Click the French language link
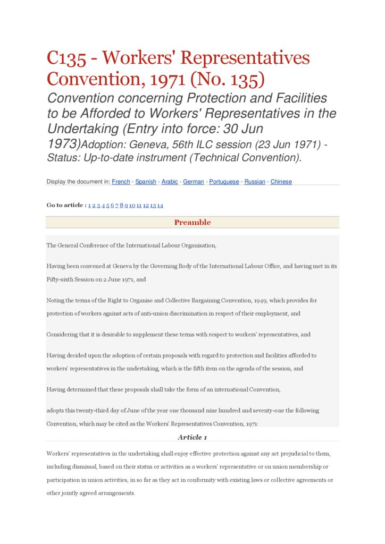pyautogui.click(x=121, y=182)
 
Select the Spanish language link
pyautogui.click(x=146, y=182)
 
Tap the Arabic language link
pyautogui.click(x=170, y=182)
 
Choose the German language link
pyautogui.click(x=194, y=182)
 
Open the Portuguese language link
pyautogui.click(x=224, y=182)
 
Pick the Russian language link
pyautogui.click(x=255, y=182)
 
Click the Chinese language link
pyautogui.click(x=281, y=182)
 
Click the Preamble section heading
pyautogui.click(x=192, y=223)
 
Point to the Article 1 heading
pyautogui.click(x=192, y=437)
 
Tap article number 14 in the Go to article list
pyautogui.click(x=160, y=206)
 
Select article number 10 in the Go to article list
pyautogui.click(x=132, y=206)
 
